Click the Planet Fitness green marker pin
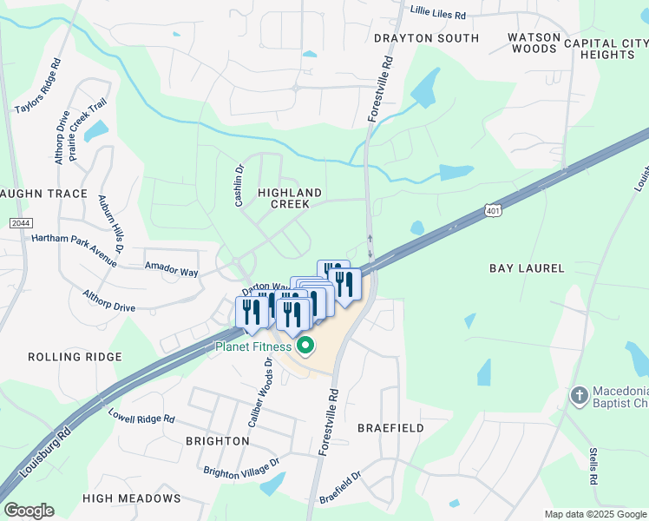tap(305, 347)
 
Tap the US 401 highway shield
tap(493, 211)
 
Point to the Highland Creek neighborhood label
tap(290, 198)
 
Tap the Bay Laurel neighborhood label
tap(527, 269)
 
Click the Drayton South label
tap(426, 38)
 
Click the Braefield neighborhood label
tap(390, 428)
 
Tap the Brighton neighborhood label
tap(218, 441)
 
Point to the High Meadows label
tap(132, 498)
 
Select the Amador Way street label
tap(171, 271)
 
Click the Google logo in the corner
tap(29, 511)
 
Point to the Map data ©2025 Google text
tap(595, 514)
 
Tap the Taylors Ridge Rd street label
tap(38, 86)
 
